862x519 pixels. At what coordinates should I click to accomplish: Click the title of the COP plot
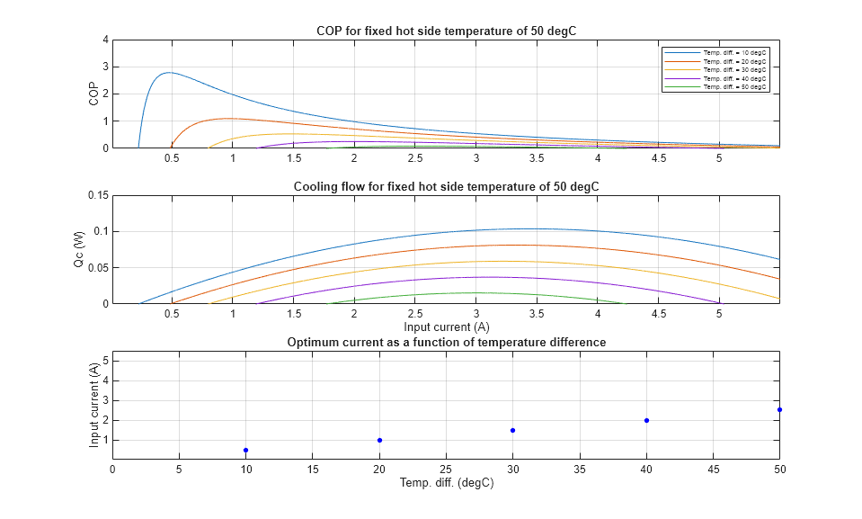coord(446,31)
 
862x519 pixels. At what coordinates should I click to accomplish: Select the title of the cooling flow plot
coord(446,186)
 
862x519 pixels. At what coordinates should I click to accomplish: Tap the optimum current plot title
coord(446,342)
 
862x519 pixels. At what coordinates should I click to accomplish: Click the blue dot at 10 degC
coord(245,450)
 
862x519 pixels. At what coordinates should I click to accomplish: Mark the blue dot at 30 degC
coord(512,430)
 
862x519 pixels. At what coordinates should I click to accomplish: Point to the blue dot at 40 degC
coord(646,420)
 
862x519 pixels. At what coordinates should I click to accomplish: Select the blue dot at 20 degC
coord(379,440)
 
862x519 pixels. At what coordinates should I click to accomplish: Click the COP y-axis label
coord(93,94)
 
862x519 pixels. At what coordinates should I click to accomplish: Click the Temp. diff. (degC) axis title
coord(446,483)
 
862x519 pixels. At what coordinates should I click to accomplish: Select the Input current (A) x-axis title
coord(446,327)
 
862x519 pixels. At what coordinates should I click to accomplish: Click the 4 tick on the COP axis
coord(105,40)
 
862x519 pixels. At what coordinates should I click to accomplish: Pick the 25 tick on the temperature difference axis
coord(446,469)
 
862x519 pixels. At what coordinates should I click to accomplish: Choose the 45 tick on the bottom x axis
coord(713,469)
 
